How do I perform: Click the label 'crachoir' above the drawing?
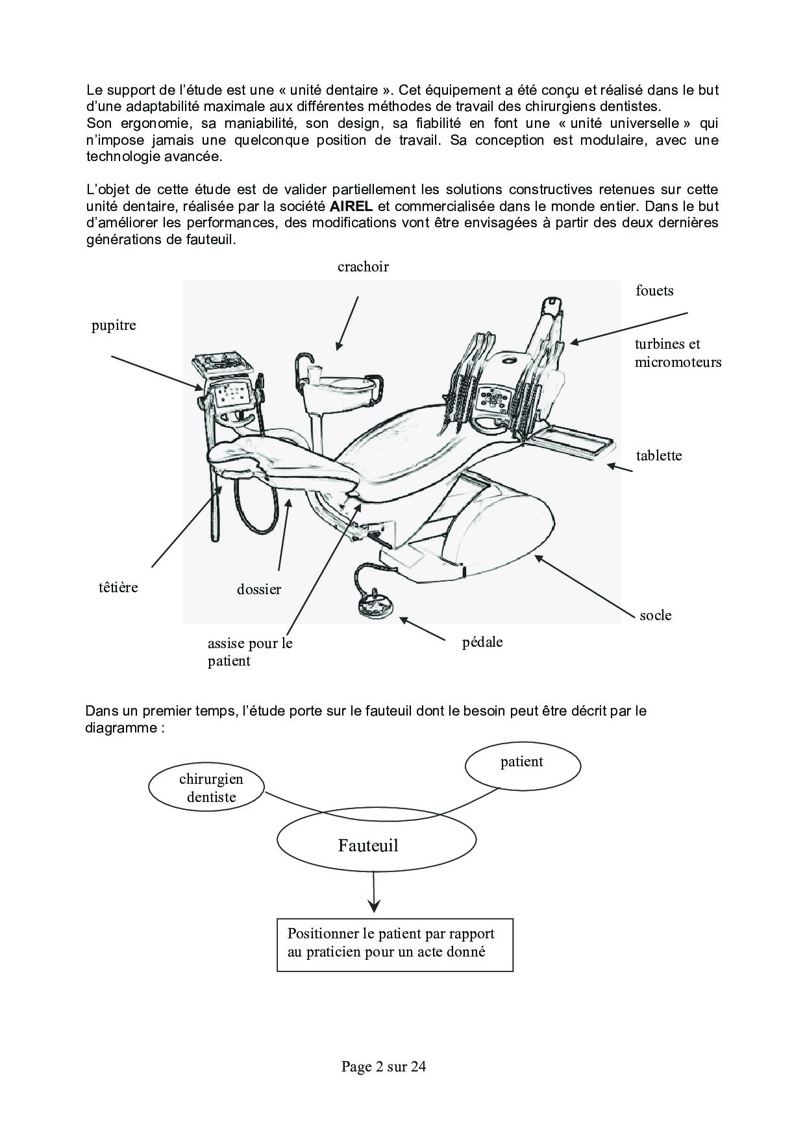click(x=363, y=267)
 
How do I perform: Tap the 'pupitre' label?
click(x=114, y=325)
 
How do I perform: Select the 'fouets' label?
click(x=654, y=291)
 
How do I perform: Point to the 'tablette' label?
click(x=658, y=456)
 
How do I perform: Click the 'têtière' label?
click(x=119, y=588)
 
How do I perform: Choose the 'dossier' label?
click(x=258, y=590)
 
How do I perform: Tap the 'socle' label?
click(x=655, y=616)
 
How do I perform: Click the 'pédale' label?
click(x=482, y=642)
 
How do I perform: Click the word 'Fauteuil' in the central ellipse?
click(x=368, y=845)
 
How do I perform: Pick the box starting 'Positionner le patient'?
click(x=395, y=944)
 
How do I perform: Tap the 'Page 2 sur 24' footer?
click(x=383, y=1066)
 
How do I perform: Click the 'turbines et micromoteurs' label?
click(x=678, y=353)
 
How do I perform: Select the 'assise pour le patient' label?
click(x=250, y=652)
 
